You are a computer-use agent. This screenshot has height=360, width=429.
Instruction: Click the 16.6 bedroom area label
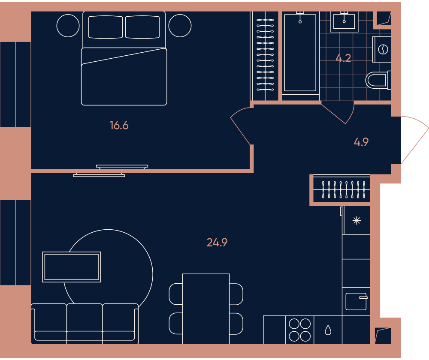point(119,126)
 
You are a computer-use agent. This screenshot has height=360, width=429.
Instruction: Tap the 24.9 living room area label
point(217,243)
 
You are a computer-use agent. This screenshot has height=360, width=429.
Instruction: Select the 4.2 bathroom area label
point(343,58)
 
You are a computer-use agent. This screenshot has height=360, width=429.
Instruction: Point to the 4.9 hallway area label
point(361,142)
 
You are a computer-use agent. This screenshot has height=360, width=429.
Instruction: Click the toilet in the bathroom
point(378,80)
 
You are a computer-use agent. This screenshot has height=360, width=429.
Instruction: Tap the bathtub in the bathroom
point(300,53)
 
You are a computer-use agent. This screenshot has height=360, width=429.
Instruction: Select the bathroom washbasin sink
point(344,22)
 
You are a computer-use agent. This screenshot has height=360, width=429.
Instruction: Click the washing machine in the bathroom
point(382,49)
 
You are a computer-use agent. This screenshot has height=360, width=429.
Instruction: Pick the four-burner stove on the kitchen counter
point(300,330)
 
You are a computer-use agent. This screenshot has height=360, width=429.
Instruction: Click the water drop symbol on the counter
point(328,330)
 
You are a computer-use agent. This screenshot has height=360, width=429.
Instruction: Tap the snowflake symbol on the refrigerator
point(356,220)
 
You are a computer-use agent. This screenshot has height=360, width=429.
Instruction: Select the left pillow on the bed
point(106,27)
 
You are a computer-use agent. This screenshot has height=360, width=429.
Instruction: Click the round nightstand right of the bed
point(180,26)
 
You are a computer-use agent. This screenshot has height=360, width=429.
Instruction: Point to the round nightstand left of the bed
point(68,26)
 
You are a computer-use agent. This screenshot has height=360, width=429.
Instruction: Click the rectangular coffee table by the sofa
point(72,267)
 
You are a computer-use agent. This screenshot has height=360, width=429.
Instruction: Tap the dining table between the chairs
point(206,309)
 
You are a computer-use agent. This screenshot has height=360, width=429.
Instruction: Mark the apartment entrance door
point(415,140)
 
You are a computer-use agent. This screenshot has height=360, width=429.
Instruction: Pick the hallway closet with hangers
point(342,189)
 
